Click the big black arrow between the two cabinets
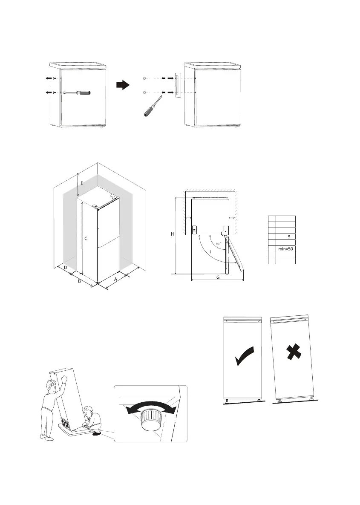pyautogui.click(x=123, y=85)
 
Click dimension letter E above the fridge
pyautogui.click(x=82, y=183)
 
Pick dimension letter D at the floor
pyautogui.click(x=65, y=268)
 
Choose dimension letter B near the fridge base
pyautogui.click(x=79, y=282)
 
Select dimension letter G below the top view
pyautogui.click(x=218, y=277)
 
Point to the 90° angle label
pyautogui.click(x=218, y=244)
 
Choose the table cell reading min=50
pyautogui.click(x=285, y=248)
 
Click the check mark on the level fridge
pyautogui.click(x=246, y=356)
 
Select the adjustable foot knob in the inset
pyautogui.click(x=150, y=419)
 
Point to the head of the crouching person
pyautogui.click(x=88, y=412)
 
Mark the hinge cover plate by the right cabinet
pyautogui.click(x=177, y=84)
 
